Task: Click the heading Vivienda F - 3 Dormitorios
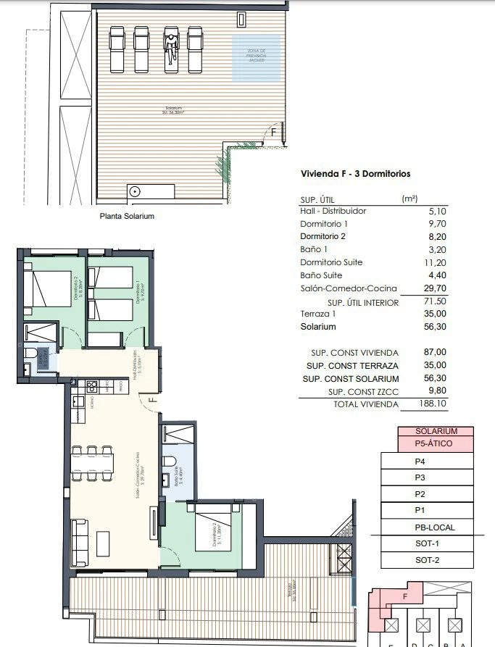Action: click(355, 174)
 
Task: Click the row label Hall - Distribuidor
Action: click(333, 211)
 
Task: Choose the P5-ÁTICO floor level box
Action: click(436, 443)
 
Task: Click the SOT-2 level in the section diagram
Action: click(426, 560)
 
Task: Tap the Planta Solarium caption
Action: click(127, 216)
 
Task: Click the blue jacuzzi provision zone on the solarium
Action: click(256, 58)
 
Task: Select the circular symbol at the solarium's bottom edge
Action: click(135, 191)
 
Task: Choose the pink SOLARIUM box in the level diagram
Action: click(436, 431)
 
